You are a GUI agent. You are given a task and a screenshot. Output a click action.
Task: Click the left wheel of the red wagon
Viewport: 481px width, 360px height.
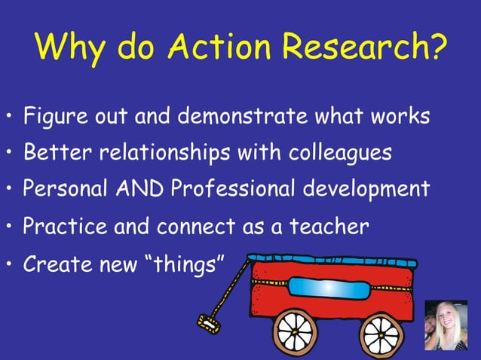pos(295,331)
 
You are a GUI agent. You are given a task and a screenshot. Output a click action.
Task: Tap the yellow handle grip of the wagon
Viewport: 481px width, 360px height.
pos(208,324)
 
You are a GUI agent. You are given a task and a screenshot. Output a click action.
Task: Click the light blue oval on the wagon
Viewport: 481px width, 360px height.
pos(331,287)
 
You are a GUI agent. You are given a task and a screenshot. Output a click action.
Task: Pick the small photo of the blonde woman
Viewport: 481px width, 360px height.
pos(446,325)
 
